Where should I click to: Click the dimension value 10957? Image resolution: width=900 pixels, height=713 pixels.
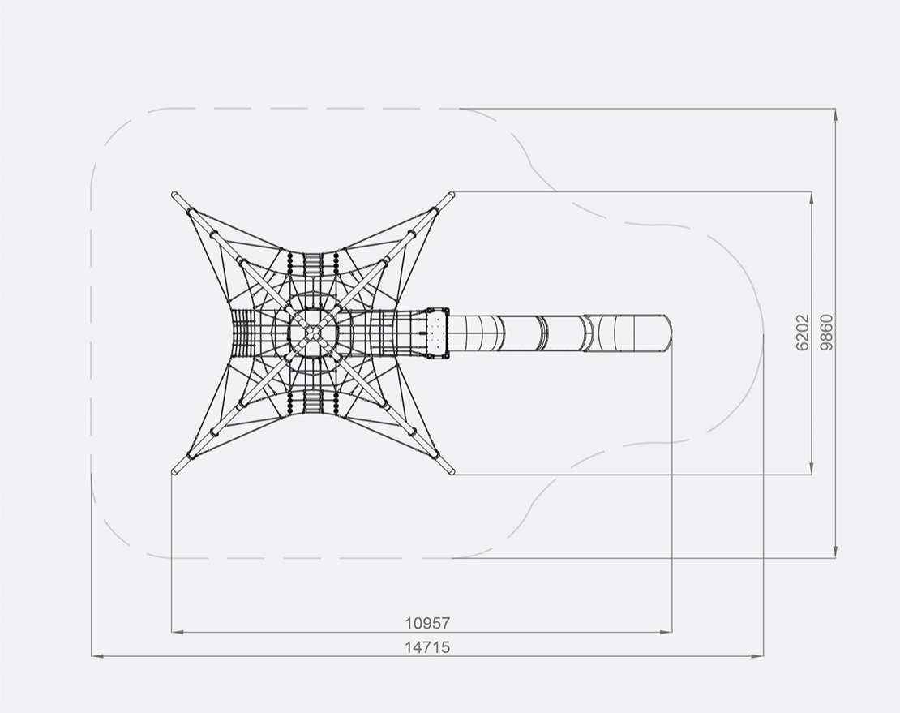pos(427,623)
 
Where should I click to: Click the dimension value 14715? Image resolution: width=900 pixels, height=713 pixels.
pos(427,647)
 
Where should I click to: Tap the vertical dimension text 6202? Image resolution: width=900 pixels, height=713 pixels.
pos(803,333)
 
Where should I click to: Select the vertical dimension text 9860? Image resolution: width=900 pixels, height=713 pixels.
pos(826,333)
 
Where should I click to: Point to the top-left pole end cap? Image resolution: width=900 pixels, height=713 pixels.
pos(174,195)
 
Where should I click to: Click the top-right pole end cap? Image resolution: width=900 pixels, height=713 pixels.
pos(452,195)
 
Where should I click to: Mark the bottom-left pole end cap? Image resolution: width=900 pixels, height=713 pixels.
pos(174,471)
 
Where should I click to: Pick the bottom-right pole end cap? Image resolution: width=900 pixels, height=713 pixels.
pos(451,471)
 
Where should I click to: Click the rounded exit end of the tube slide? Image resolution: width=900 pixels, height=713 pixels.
pos(666,333)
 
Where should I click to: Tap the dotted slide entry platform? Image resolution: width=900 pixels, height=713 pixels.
pos(437,333)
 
